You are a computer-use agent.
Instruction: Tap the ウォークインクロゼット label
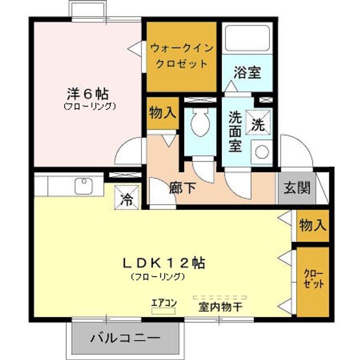pyautogui.click(x=181, y=56)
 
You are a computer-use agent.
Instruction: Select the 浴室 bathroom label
pyautogui.click(x=246, y=73)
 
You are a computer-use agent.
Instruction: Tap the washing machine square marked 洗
pyautogui.click(x=258, y=122)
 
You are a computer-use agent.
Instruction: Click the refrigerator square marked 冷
pyautogui.click(x=126, y=199)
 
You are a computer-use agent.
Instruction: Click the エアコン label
pyautogui.click(x=164, y=302)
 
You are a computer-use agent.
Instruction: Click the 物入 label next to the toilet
pyautogui.click(x=162, y=113)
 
